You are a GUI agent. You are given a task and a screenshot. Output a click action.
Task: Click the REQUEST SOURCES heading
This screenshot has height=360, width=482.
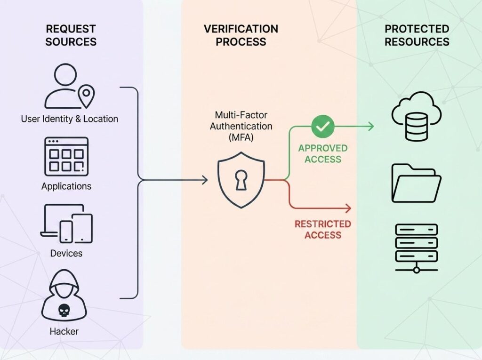71,35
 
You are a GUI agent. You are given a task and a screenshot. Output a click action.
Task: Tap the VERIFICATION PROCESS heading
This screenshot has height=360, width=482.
241,35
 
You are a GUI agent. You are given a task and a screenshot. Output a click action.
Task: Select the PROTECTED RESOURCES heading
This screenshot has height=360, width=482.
417,35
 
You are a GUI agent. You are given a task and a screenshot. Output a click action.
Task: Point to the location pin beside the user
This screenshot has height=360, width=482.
87,97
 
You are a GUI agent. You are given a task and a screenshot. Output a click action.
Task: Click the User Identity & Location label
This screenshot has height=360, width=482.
69,119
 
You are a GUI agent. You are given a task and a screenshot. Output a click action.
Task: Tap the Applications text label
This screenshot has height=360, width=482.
66,186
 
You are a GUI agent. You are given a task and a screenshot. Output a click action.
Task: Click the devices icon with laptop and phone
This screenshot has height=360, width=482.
66,224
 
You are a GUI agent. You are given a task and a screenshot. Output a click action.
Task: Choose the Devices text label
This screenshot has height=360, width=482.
66,253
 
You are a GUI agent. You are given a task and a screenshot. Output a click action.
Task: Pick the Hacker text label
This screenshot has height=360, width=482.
64,331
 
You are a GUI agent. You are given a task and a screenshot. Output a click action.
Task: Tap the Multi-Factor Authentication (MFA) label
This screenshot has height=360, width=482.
241,127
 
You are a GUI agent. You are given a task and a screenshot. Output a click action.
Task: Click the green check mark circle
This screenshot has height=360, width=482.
323,126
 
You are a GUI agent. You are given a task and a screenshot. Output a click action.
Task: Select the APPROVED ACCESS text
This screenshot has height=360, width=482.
323,153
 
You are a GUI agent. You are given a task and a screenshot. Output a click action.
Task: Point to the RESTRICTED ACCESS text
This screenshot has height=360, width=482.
323,229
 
